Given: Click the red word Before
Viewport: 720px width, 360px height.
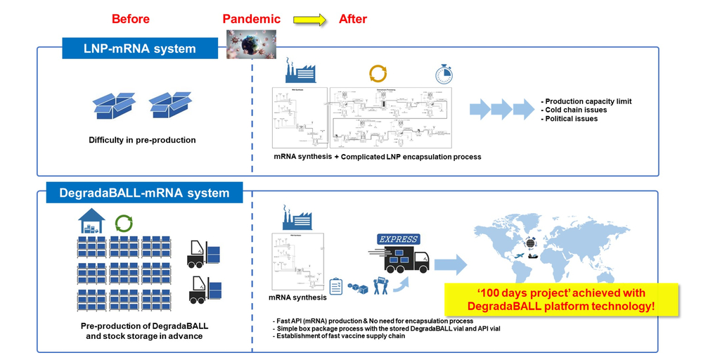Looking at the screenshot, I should click(130, 19).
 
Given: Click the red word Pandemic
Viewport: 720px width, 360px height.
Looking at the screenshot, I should click(252, 19).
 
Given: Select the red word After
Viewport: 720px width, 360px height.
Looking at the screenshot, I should click(353, 19).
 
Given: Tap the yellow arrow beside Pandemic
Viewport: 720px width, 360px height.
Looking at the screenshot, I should click(310, 20).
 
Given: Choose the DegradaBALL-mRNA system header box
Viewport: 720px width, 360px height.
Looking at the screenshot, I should click(145, 192).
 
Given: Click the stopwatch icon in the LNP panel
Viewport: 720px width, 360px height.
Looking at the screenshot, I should click(443, 75).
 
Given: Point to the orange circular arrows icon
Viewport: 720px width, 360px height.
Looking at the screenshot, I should click(378, 73).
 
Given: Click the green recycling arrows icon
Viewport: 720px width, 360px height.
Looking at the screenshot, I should click(124, 224).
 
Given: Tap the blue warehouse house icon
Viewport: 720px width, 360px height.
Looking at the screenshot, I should click(91, 221).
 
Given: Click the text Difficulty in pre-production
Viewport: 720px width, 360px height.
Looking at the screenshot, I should click(142, 140).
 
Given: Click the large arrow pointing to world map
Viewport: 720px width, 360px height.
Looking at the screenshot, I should click(451, 264).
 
